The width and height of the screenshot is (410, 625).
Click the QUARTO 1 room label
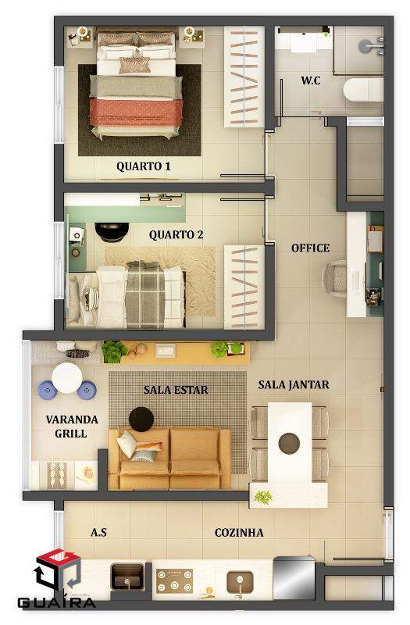pyautogui.click(x=144, y=166)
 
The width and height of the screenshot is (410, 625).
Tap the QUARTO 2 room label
pyautogui.click(x=176, y=235)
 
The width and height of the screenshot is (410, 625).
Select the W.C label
pyautogui.click(x=311, y=80)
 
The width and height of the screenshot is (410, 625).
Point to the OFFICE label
pyautogui.click(x=310, y=248)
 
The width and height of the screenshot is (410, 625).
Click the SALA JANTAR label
pyautogui.click(x=294, y=384)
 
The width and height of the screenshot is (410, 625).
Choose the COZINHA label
pyautogui.click(x=239, y=533)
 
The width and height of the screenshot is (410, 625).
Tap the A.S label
pyautogui.click(x=98, y=532)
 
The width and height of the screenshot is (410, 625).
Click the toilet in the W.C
pyautogui.click(x=363, y=90)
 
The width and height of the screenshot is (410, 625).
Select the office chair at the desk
pyautogui.click(x=335, y=278)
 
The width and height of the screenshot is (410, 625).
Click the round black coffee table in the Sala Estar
pyautogui.click(x=141, y=420)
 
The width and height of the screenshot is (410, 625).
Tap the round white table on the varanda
pyautogui.click(x=67, y=378)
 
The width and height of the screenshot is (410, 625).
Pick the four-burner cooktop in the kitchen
pyautogui.click(x=174, y=580)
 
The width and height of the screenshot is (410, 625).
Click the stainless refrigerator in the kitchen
pyautogui.click(x=294, y=577)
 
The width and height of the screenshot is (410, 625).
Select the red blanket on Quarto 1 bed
pyautogui.click(x=136, y=112)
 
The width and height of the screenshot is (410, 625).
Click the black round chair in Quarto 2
pyautogui.click(x=112, y=232)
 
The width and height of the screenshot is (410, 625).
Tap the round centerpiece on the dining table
pyautogui.click(x=289, y=443)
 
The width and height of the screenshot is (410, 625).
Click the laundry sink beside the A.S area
pyautogui.click(x=127, y=577)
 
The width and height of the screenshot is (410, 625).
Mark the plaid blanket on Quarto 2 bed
pyautogui.click(x=145, y=295)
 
